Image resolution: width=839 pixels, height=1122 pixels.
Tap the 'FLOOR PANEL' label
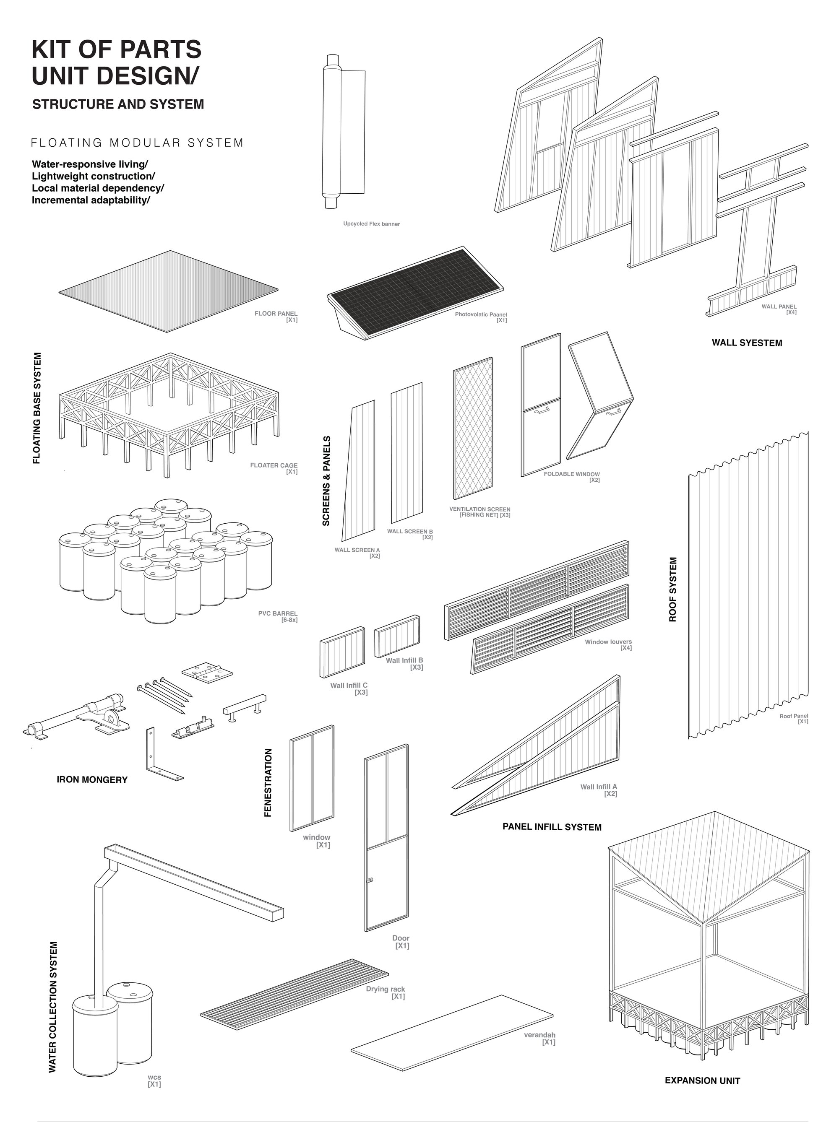click(x=276, y=314)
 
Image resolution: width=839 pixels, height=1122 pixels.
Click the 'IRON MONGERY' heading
click(x=92, y=779)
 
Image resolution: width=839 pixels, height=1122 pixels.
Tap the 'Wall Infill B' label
click(x=404, y=660)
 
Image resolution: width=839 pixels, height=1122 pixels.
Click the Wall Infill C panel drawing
click(x=342, y=652)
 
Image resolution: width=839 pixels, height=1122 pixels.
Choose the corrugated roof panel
click(x=748, y=585)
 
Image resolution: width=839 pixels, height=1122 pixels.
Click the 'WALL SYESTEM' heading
click(x=747, y=343)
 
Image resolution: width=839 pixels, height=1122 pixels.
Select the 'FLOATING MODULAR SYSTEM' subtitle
click(x=137, y=143)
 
